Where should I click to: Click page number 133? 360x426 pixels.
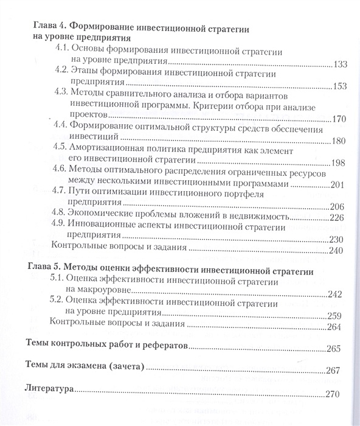340,64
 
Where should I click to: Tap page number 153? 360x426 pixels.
340,86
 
